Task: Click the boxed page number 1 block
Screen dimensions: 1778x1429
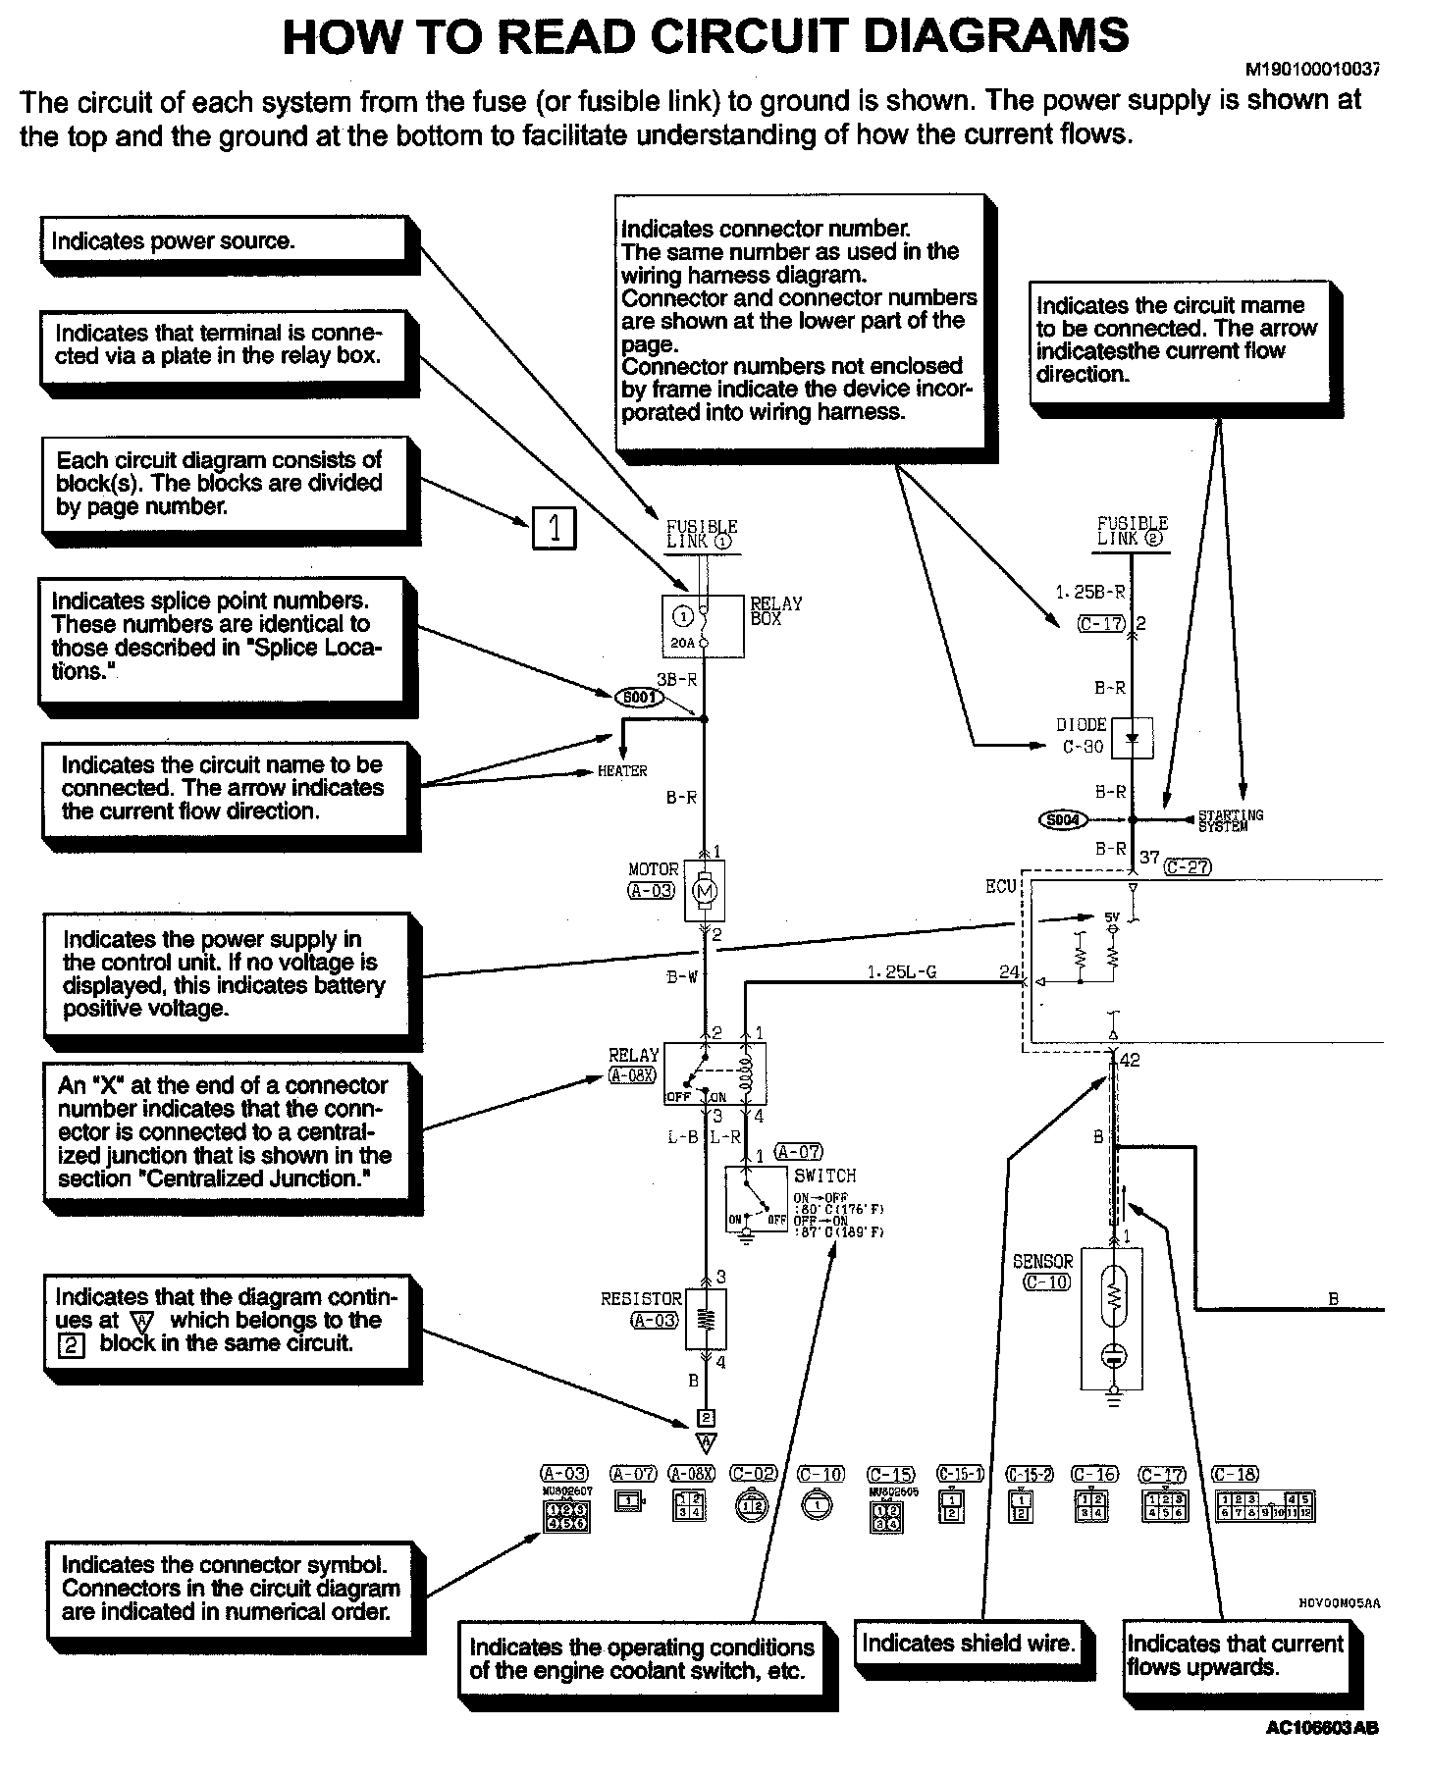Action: coord(554,529)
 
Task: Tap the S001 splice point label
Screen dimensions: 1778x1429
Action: coord(639,698)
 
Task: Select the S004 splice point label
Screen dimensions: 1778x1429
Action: coord(1063,818)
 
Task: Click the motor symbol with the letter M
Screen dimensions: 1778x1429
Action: coord(705,891)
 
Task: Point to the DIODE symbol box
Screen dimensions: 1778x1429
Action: coord(1132,737)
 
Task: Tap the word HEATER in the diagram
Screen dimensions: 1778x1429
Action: coord(622,771)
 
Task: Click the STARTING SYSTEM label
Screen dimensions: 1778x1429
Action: coord(1231,820)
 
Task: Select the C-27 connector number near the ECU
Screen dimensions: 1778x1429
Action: coord(1187,866)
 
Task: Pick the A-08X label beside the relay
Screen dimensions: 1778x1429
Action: coord(632,1075)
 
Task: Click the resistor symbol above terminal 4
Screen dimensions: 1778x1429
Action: coord(706,1319)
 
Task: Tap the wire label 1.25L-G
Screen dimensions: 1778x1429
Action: coord(901,971)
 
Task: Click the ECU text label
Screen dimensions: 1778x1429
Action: coord(1000,886)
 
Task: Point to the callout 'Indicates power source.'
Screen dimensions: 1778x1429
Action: coord(224,241)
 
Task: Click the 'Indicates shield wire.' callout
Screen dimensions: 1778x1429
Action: coord(968,1643)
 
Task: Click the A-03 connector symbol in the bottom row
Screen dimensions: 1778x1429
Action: coord(564,1515)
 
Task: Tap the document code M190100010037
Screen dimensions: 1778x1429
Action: coord(1312,70)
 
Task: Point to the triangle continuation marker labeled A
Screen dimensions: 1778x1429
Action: coord(706,1442)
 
